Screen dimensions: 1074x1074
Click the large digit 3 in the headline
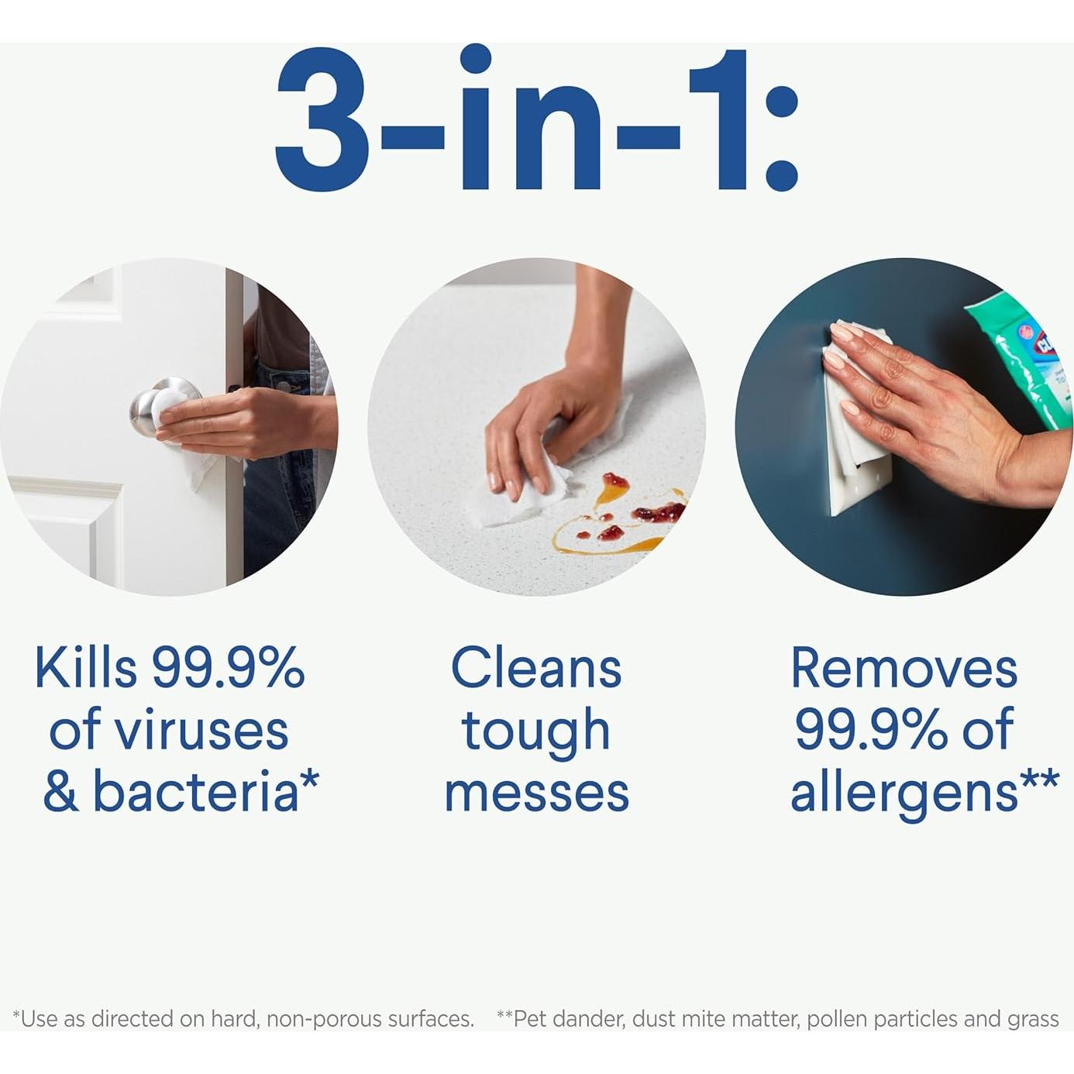tap(322, 120)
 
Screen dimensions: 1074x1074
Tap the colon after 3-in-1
tap(782, 139)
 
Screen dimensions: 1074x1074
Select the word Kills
tap(86, 667)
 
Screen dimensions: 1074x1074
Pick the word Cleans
tap(536, 667)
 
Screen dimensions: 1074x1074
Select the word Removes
tap(904, 667)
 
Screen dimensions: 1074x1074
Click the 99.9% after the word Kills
tap(228, 668)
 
